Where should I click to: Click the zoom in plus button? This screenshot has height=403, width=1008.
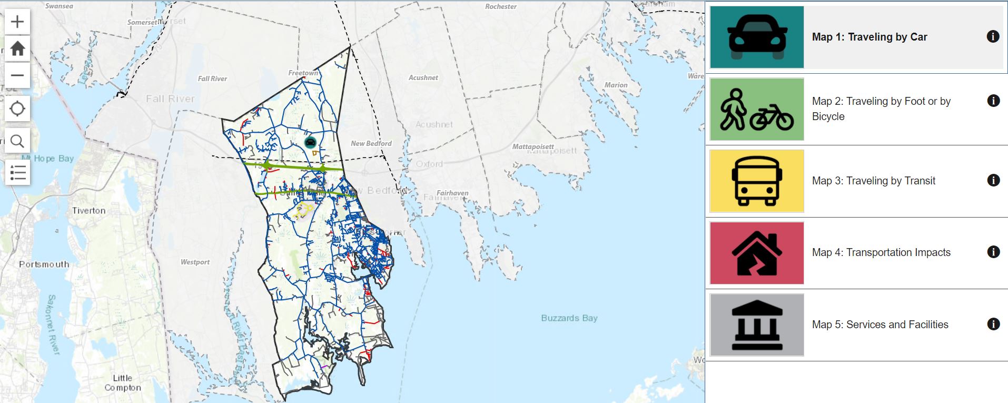point(17,22)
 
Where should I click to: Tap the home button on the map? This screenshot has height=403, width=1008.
point(17,48)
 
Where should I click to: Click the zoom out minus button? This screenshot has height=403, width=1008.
point(17,75)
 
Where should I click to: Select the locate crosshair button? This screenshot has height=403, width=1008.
point(17,109)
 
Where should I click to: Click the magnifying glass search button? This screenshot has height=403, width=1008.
point(17,141)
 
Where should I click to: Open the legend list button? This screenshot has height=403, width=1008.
point(17,172)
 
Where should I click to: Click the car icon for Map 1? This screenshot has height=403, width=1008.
point(757,37)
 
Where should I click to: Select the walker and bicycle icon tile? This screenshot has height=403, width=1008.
point(757,109)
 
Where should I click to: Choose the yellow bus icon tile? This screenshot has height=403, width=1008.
point(757,181)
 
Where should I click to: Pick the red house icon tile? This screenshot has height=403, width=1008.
point(757,253)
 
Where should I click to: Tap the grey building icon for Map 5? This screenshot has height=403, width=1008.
point(757,325)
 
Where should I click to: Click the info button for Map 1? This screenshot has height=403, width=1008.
point(993,36)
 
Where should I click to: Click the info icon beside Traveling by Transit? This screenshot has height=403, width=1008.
point(993,180)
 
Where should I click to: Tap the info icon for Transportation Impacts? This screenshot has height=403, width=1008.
point(993,252)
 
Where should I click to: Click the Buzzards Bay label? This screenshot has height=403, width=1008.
point(569,318)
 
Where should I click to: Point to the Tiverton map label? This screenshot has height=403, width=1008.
point(88,211)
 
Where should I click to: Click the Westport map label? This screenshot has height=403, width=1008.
point(195,262)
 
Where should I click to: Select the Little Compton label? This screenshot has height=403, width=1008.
point(123,383)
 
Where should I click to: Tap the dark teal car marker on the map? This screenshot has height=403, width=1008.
point(310,142)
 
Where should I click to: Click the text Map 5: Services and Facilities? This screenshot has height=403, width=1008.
point(879,325)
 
